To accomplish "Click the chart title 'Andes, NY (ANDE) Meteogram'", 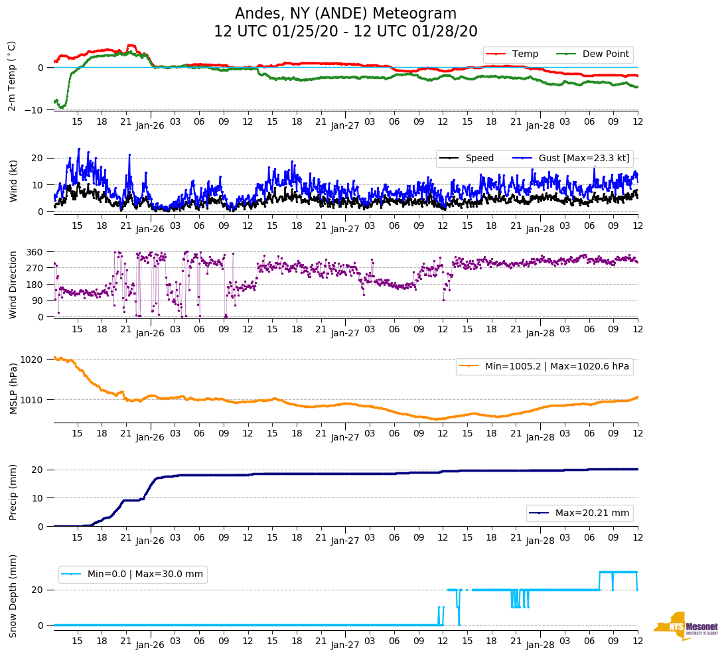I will (345, 14).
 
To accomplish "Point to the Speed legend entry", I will (471, 158).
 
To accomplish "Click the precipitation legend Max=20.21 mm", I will (580, 513).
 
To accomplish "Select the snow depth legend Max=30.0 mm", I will (133, 574).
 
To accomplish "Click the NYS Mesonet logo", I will (686, 626).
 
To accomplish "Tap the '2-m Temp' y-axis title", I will (12, 76).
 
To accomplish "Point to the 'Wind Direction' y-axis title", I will (13, 284).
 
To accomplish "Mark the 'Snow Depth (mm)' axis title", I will (13, 596).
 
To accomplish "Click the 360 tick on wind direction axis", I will (35, 252).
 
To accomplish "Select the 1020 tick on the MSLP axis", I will (33, 360).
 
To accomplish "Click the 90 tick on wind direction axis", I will (37, 300).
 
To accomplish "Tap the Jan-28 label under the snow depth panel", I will (540, 645).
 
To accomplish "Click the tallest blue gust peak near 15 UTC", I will (79, 149).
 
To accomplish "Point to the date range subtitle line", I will (345, 32).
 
